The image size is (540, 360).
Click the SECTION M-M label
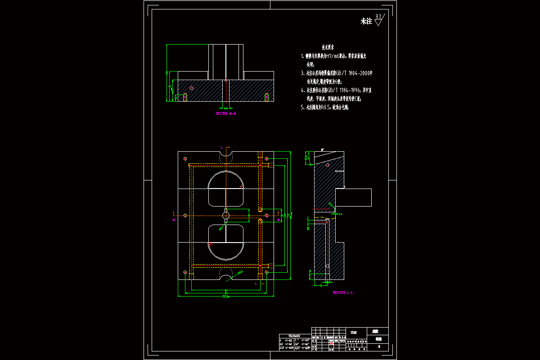[x=226, y=114]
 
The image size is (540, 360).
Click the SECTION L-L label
[x=343, y=292]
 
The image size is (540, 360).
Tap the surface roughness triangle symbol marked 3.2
[x=378, y=20]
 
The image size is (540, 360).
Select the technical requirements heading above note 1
[x=328, y=47]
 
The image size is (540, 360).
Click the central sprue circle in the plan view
[x=226, y=216]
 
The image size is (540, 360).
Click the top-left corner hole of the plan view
[x=185, y=159]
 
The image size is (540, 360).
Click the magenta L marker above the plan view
[x=222, y=147]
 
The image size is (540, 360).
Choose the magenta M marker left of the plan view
[x=173, y=220]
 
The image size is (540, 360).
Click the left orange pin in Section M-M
[x=185, y=97]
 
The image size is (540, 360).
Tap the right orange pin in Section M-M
[x=266, y=97]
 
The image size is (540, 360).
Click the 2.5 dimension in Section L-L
[x=340, y=214]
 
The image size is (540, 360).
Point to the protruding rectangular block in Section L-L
[x=354, y=197]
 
